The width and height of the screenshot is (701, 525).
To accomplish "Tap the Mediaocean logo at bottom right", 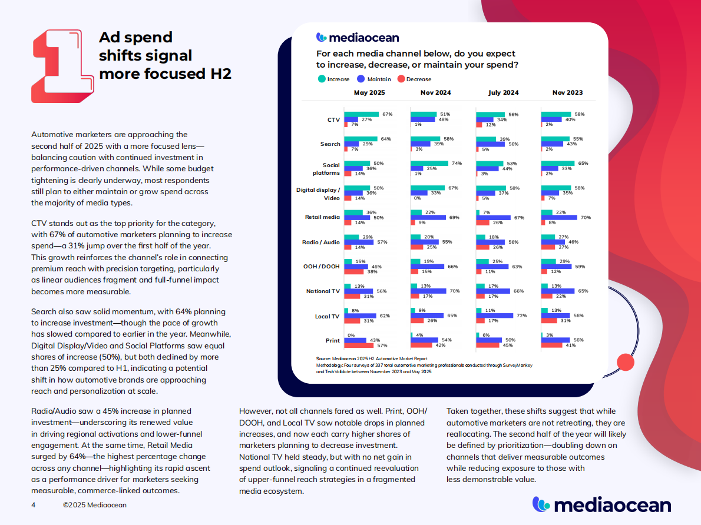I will tap(601, 504).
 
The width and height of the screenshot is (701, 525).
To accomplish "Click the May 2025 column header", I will tap(369, 92).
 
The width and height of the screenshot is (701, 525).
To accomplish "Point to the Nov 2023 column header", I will tap(568, 92).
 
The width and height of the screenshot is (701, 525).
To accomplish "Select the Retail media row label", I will tap(323, 217).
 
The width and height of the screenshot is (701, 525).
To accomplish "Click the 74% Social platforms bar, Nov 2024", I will tap(429, 163).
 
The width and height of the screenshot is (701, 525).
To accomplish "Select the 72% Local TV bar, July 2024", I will tap(494, 315).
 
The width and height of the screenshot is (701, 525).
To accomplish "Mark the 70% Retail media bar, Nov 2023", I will tap(559, 217).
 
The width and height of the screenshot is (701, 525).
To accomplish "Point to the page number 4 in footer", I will tap(34, 505).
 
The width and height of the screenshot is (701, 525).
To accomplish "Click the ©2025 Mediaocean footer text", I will tap(94, 505).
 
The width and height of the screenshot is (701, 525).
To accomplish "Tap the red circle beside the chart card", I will tap(624, 361).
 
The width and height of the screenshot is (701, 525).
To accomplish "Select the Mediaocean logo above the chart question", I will tap(358, 38).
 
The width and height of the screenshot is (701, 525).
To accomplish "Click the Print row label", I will tap(332, 340).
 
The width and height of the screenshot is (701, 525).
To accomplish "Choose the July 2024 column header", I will tap(503, 92).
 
